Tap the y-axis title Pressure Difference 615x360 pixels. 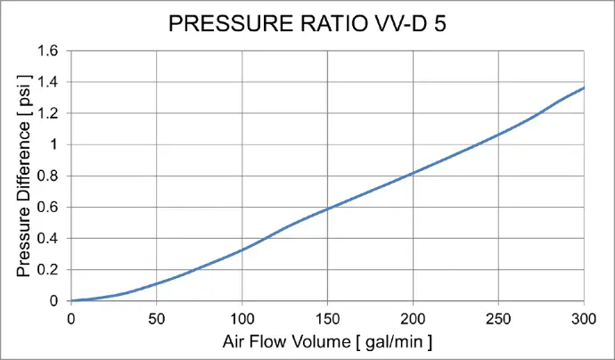coord(25,176)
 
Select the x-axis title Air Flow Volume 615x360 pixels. coord(327,340)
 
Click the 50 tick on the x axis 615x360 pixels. coord(156,316)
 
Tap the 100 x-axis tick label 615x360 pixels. coord(242,316)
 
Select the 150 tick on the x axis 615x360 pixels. coord(327,316)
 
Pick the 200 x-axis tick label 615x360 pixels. coord(413,316)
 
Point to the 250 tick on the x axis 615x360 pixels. coord(498,316)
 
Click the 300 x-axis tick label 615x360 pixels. coord(584,316)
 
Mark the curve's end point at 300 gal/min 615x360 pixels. coord(584,88)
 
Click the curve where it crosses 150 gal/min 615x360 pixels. coord(327,209)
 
